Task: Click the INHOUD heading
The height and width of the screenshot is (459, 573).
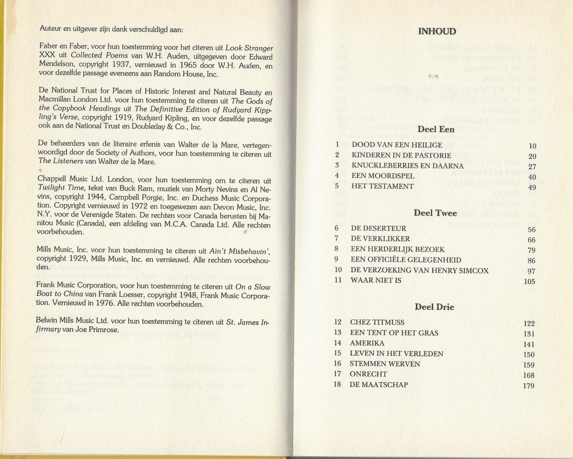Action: [437, 31]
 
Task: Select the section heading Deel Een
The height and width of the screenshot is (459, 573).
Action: [436, 129]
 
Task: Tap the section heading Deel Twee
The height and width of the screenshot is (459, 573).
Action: [435, 213]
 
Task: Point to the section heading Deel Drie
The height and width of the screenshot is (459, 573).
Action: [434, 307]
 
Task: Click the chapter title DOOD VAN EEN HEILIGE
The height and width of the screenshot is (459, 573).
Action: [397, 145]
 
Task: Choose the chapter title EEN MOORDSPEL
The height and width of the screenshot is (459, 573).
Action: [383, 176]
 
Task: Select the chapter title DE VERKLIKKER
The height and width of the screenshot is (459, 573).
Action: [380, 239]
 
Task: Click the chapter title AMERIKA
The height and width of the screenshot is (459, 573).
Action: [367, 343]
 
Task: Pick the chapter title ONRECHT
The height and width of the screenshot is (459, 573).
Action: [368, 374]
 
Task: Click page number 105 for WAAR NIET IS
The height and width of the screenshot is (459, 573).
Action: [529, 282]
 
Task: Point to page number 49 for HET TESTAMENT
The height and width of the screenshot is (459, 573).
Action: [532, 188]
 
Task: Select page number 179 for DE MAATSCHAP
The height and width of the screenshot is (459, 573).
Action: [529, 386]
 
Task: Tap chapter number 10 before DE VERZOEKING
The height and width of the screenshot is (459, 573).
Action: [338, 270]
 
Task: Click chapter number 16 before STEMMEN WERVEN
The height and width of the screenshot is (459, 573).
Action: [337, 363]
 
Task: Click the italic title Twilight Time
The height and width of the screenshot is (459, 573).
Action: [61, 188]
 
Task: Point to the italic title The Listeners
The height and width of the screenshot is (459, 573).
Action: [60, 161]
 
